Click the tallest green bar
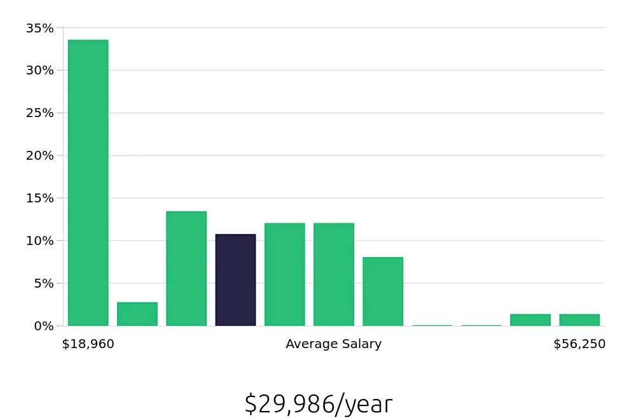(88, 183)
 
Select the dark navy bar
(235, 280)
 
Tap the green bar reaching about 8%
(383, 291)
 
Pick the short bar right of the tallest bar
(137, 314)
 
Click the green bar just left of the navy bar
(186, 269)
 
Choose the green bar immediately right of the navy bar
(284, 274)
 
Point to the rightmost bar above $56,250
(579, 320)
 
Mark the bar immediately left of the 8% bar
(334, 274)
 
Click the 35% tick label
(39, 28)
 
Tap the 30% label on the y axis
(39, 71)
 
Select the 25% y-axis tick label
(39, 113)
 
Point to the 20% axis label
(39, 156)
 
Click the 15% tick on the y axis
(39, 198)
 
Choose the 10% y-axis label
(39, 241)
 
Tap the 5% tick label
(43, 283)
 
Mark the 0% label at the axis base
(43, 326)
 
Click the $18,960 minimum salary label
(88, 344)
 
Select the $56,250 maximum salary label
(579, 344)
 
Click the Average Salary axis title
(333, 344)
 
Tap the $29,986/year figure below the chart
(318, 404)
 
